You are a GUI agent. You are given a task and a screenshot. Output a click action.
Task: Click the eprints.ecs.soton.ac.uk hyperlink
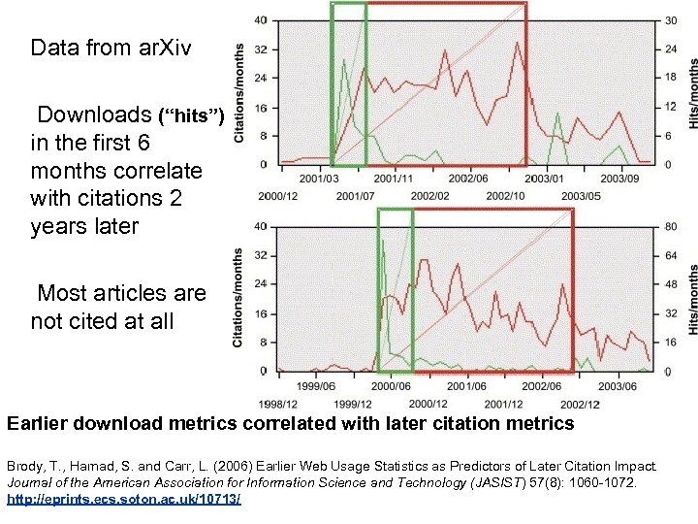point(124,499)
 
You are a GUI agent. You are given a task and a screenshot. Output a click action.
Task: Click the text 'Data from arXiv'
point(98,47)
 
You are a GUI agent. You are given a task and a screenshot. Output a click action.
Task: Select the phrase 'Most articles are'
point(121,292)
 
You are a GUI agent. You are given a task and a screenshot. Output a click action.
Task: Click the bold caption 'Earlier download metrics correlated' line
point(290,424)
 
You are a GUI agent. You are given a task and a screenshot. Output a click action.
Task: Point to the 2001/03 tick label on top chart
point(319,179)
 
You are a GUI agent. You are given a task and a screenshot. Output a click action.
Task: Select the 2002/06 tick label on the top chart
point(468,179)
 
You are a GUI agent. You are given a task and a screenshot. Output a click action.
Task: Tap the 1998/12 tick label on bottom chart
point(278,404)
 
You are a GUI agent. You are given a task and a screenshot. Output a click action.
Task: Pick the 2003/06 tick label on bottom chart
point(618,386)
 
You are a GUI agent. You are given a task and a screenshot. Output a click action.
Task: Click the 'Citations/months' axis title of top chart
point(238,92)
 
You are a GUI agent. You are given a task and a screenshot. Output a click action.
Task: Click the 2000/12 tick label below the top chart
point(278,196)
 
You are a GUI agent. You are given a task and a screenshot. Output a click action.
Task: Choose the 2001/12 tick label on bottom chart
point(503,404)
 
